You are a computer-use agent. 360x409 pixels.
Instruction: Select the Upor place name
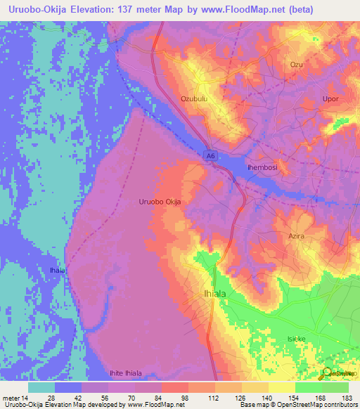tap(330, 99)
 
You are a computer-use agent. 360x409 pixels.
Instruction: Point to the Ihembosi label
tap(265, 168)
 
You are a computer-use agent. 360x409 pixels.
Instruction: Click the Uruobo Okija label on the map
tap(160, 202)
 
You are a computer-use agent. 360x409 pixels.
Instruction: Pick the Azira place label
tap(296, 236)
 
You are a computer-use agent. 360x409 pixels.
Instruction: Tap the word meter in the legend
tap(13, 397)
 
